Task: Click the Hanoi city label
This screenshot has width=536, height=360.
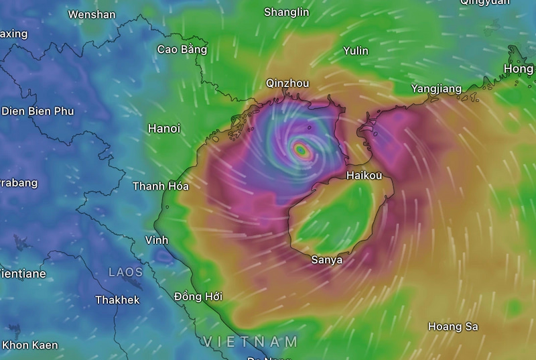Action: click(163, 129)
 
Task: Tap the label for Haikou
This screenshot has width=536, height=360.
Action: click(364, 176)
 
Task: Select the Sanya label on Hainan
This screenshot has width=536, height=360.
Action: click(327, 260)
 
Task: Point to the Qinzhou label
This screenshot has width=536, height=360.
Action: click(287, 83)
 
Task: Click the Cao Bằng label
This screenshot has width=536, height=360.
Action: click(182, 49)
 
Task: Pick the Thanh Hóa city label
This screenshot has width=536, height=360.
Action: click(161, 186)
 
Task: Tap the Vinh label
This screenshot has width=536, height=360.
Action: click(157, 240)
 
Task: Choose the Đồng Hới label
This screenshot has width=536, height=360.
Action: click(198, 296)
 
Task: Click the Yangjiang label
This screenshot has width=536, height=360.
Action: click(436, 88)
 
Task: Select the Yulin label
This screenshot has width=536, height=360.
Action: click(356, 51)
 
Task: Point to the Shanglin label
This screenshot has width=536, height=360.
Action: click(287, 12)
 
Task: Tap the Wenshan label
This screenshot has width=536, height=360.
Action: click(92, 14)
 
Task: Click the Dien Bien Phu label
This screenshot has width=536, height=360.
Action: click(38, 111)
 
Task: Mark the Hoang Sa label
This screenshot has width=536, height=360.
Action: click(453, 326)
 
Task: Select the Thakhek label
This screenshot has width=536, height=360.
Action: click(117, 300)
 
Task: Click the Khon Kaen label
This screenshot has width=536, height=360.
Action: click(29, 345)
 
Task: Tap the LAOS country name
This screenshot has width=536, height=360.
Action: click(126, 272)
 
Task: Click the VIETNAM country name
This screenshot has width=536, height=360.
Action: click(251, 341)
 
